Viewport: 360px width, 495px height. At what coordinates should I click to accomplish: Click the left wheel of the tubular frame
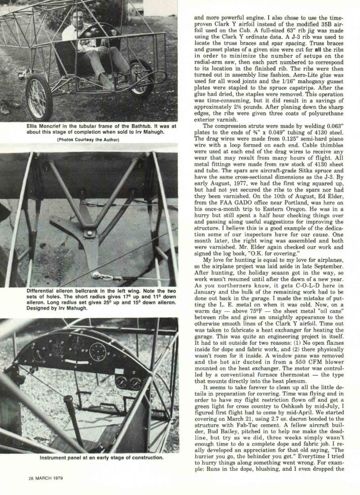39,97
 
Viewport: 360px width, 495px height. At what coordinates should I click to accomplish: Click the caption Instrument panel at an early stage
94,458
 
